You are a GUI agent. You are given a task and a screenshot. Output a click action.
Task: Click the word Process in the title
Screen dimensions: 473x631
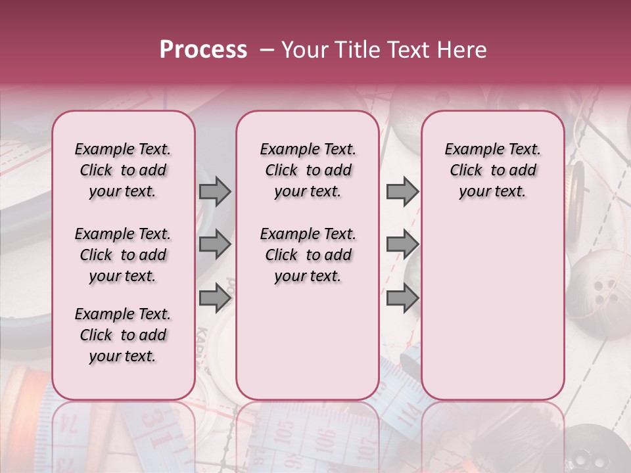(x=203, y=50)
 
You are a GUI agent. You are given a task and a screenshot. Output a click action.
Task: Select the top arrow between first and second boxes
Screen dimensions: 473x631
(x=215, y=192)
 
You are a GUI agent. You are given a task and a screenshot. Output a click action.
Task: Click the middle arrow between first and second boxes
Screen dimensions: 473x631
(x=215, y=245)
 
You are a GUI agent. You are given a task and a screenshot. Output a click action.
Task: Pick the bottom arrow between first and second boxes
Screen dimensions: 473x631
(x=215, y=298)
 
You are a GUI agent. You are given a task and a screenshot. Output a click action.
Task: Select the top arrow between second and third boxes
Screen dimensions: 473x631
(x=402, y=192)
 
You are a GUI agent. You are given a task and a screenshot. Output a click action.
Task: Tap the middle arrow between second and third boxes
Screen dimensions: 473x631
(x=402, y=245)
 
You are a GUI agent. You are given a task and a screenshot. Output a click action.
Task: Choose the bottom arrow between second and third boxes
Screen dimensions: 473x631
(x=402, y=298)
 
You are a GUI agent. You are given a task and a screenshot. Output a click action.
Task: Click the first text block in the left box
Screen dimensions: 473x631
(x=123, y=170)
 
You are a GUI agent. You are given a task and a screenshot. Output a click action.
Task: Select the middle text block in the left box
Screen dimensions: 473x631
(x=123, y=255)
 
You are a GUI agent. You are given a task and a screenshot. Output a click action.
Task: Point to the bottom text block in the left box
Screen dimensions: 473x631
(x=123, y=335)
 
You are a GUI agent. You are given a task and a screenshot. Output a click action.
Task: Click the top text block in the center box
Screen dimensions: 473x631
(x=308, y=170)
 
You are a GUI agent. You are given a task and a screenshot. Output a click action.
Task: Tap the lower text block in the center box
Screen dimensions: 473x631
(x=308, y=255)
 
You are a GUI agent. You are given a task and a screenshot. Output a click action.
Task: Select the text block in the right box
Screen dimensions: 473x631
(x=492, y=170)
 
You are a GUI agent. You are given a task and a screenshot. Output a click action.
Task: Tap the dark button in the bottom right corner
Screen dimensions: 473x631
(x=585, y=453)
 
